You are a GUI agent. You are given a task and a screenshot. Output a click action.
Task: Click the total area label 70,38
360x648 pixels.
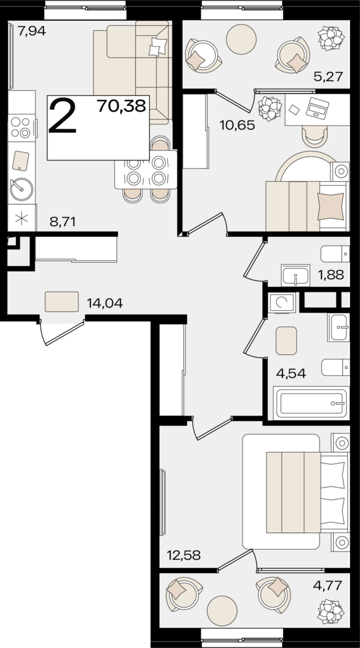pyautogui.click(x=121, y=106)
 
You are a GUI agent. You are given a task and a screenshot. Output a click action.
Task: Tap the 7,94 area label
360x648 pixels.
pyautogui.click(x=31, y=31)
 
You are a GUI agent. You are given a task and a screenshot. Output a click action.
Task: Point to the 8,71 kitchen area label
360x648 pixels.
pyautogui.click(x=63, y=222)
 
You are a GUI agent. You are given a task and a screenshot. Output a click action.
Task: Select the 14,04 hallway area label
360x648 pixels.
pyautogui.click(x=105, y=304)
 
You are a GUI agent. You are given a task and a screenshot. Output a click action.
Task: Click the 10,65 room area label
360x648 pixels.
pyautogui.click(x=237, y=125)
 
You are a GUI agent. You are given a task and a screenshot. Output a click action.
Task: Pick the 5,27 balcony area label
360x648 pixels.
pyautogui.click(x=328, y=76)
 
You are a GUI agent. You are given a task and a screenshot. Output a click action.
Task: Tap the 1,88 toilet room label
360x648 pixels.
pyautogui.click(x=332, y=275)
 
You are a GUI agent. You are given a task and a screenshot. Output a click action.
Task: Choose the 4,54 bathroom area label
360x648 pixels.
pyautogui.click(x=291, y=373)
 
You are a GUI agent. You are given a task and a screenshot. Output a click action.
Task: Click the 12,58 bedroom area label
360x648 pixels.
pyautogui.click(x=184, y=555)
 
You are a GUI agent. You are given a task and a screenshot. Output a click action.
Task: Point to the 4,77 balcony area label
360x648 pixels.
pyautogui.click(x=328, y=585)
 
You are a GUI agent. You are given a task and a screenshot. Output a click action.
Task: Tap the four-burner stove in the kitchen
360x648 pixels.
pyautogui.click(x=21, y=128)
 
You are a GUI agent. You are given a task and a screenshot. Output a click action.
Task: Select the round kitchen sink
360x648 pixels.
pyautogui.click(x=21, y=189)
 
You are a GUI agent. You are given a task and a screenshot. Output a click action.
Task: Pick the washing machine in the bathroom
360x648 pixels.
pyautogui.click(x=282, y=303)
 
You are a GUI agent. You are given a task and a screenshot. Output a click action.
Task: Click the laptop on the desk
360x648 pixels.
pyautogui.click(x=318, y=107)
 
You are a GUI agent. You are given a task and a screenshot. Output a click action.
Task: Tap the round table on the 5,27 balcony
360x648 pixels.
pyautogui.click(x=241, y=39)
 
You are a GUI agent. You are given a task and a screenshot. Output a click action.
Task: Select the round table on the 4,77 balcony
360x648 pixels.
pyautogui.click(x=222, y=611)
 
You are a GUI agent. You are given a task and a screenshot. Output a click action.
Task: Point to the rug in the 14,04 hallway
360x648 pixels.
pyautogui.click(x=62, y=302)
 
